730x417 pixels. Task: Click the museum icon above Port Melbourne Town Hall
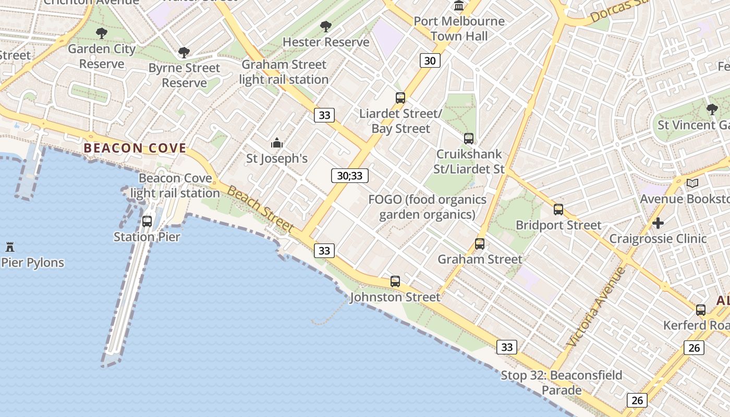(459, 6)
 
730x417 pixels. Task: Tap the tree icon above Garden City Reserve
(102, 33)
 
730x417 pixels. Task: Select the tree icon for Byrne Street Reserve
(184, 52)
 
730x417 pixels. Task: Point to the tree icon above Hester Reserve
(326, 26)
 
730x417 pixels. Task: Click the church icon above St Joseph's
(276, 143)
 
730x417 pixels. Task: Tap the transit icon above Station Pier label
(147, 221)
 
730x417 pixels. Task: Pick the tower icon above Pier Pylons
(9, 247)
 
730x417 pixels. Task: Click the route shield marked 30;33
(349, 176)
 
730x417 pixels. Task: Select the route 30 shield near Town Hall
(430, 60)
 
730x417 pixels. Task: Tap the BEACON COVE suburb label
(135, 148)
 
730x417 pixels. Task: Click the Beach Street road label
(261, 210)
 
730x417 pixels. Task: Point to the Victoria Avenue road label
(596, 308)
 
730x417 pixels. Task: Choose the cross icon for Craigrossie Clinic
(658, 223)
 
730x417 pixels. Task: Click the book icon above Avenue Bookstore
(692, 183)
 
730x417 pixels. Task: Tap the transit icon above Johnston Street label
(395, 281)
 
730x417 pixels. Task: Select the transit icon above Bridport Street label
(558, 210)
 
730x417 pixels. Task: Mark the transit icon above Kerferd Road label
(701, 310)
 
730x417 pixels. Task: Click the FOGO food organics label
(428, 207)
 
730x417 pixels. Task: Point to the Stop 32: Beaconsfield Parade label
(562, 383)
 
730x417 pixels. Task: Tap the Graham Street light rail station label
(284, 72)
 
